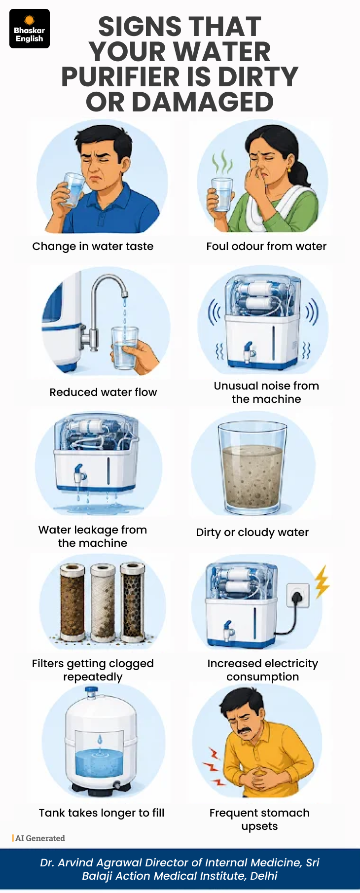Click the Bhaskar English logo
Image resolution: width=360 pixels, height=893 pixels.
(30, 29)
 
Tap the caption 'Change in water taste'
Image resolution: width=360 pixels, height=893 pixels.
(93, 246)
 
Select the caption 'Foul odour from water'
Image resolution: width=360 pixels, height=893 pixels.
(266, 246)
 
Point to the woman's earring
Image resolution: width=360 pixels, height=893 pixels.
(289, 169)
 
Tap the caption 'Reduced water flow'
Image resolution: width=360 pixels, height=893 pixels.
(103, 392)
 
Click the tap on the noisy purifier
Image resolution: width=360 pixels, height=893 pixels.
(249, 350)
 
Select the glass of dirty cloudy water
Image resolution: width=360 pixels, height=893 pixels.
(252, 468)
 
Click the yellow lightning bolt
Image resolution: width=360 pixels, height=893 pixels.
(322, 581)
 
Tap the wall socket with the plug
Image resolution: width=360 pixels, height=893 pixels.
(298, 596)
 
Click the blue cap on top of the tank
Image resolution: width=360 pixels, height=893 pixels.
(91, 692)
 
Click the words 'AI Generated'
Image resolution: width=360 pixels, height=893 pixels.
(40, 838)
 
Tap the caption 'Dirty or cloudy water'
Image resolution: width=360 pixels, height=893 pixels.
(252, 533)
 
